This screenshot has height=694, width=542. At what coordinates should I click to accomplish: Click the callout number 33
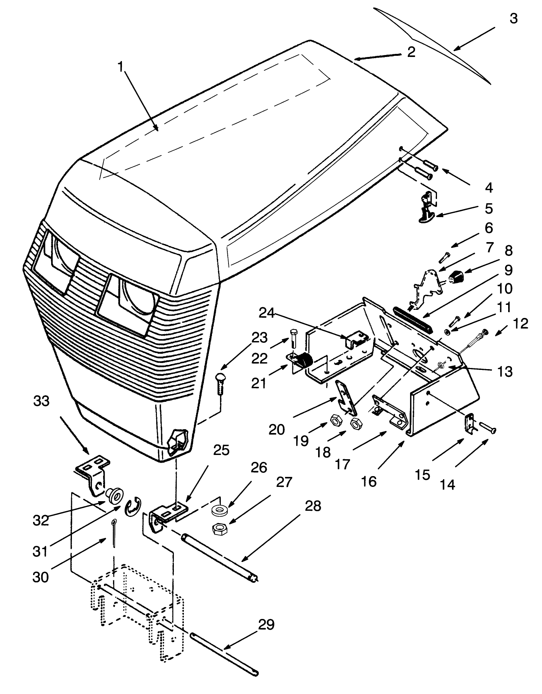pyautogui.click(x=41, y=401)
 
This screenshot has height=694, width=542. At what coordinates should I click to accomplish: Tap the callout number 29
pyautogui.click(x=266, y=625)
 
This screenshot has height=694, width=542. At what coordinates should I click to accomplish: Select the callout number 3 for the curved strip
pyautogui.click(x=514, y=18)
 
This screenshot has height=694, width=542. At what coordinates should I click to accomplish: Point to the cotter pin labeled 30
pyautogui.click(x=115, y=532)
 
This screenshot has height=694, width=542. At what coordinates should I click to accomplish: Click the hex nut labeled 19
pyautogui.click(x=335, y=421)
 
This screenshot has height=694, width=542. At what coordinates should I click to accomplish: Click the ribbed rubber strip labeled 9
pyautogui.click(x=413, y=318)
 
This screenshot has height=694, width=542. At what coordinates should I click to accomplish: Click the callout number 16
pyautogui.click(x=369, y=481)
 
